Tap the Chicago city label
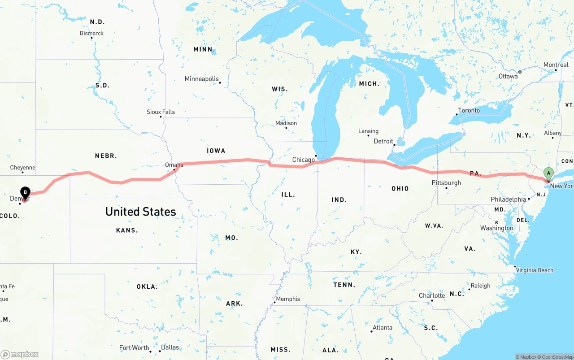click(x=304, y=160)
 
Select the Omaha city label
click(x=174, y=165)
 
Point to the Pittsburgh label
click(x=446, y=182)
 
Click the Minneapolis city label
click(x=202, y=79)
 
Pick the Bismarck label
click(x=91, y=33)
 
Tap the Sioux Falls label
click(x=161, y=112)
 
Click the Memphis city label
click(x=288, y=299)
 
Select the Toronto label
click(x=469, y=110)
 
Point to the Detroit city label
click(x=383, y=141)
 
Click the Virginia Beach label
click(x=535, y=270)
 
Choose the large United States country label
click(x=140, y=212)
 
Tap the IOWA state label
click(x=216, y=151)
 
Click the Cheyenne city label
click(x=22, y=168)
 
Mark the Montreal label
click(x=556, y=65)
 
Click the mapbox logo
click(x=20, y=354)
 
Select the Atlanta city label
click(x=383, y=328)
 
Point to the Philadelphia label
click(x=509, y=199)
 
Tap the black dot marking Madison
click(x=286, y=128)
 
